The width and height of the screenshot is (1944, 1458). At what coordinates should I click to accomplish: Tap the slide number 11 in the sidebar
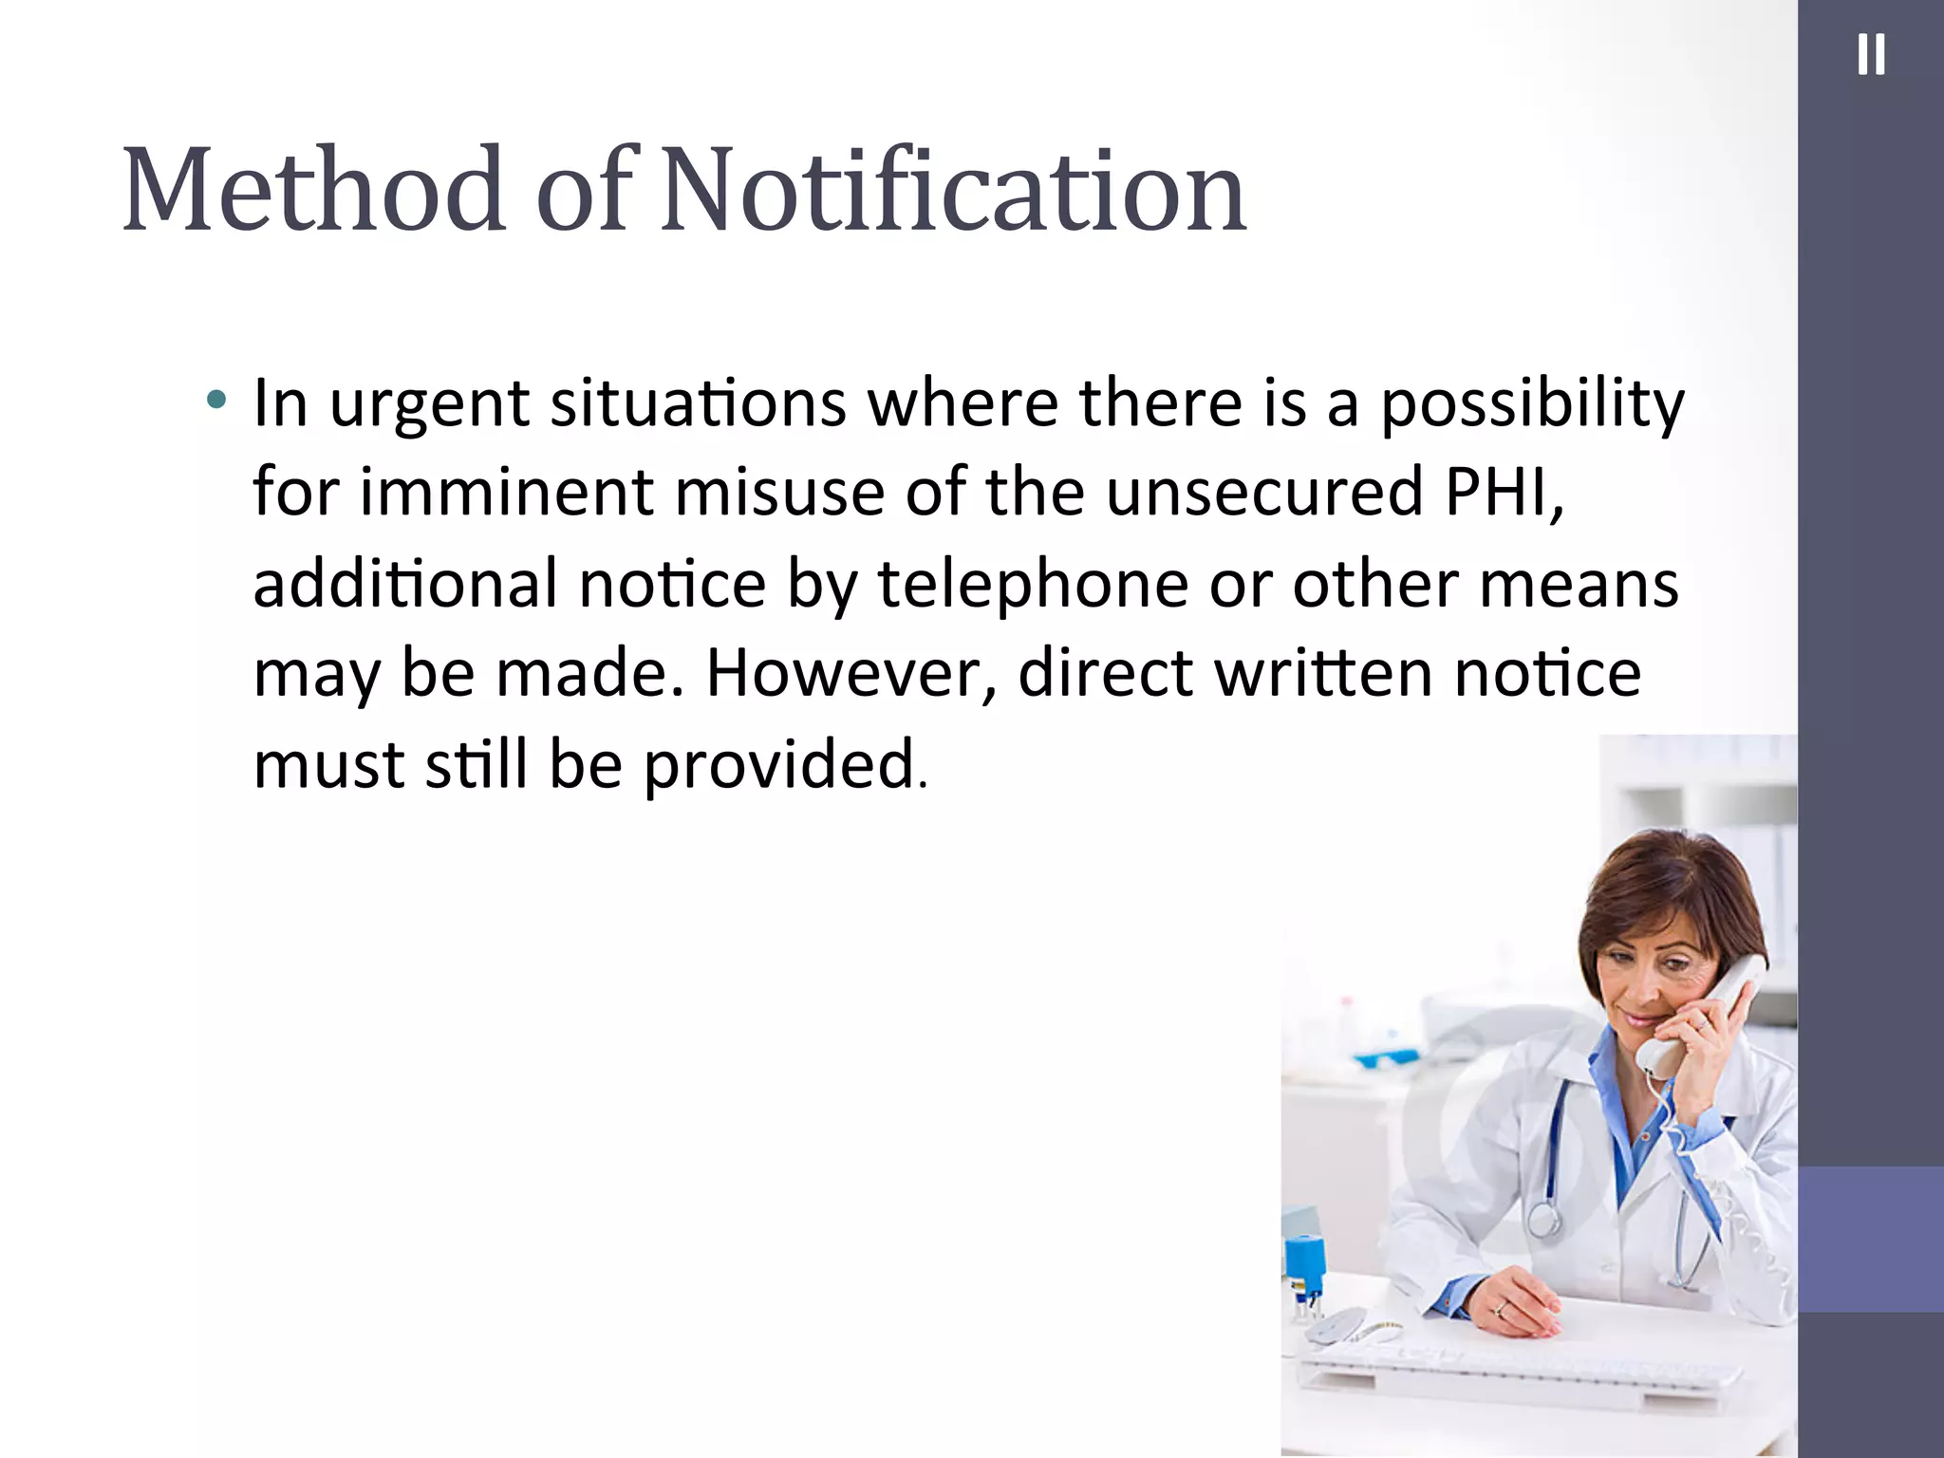point(1870,55)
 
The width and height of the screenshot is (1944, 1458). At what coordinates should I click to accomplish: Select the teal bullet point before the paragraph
point(216,400)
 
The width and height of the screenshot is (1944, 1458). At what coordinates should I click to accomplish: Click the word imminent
point(506,494)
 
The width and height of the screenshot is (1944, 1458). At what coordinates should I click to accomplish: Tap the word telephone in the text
point(1032,585)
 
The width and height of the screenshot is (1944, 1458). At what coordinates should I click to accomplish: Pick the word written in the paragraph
point(1323,674)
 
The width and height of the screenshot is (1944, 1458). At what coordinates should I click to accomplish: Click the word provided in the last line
point(778,765)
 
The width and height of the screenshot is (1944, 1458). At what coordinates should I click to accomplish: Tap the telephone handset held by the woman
point(1699,1016)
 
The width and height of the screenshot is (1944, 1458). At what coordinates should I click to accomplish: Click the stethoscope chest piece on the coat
point(1543,1220)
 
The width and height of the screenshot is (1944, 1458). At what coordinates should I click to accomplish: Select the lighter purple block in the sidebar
point(1870,1239)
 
